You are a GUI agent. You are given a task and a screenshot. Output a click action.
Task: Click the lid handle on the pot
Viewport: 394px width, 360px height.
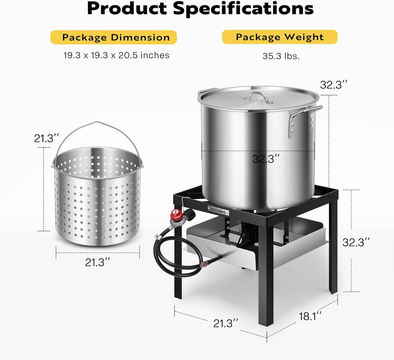[x=258, y=97]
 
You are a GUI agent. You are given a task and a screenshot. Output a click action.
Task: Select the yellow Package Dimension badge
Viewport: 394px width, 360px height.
[x=113, y=37]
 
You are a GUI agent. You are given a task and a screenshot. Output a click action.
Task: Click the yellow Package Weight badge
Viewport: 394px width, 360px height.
[x=280, y=37]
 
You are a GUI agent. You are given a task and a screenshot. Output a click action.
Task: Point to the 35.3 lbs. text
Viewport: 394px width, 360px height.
[x=281, y=56]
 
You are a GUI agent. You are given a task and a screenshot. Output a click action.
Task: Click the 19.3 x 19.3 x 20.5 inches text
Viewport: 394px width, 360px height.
[x=116, y=55]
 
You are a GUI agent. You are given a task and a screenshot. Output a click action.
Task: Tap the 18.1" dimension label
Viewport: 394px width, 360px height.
[x=310, y=316]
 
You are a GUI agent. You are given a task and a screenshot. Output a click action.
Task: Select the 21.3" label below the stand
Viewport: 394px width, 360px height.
[x=225, y=323]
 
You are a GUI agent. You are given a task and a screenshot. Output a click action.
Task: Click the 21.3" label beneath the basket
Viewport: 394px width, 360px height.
[x=97, y=262]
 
